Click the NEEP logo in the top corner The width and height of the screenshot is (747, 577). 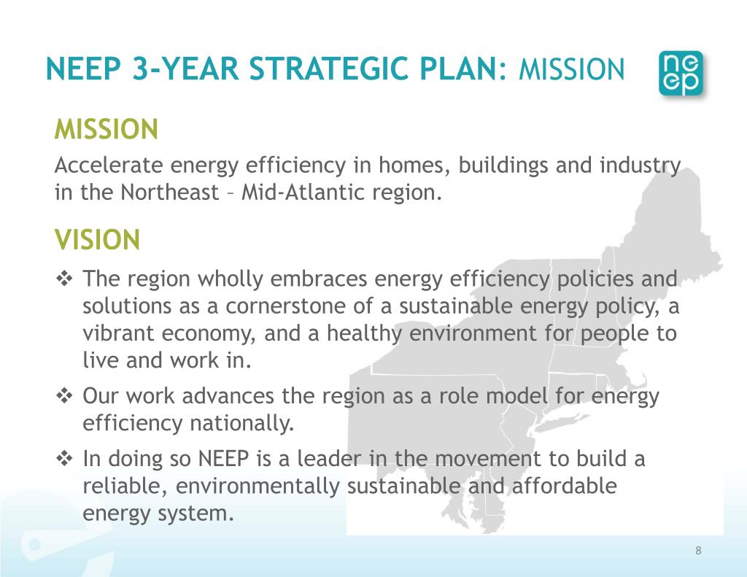point(681,73)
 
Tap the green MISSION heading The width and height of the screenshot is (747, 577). point(107,130)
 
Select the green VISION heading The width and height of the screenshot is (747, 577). point(97,239)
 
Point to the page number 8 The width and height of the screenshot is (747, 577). point(698,550)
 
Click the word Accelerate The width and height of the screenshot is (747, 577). point(109,166)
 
